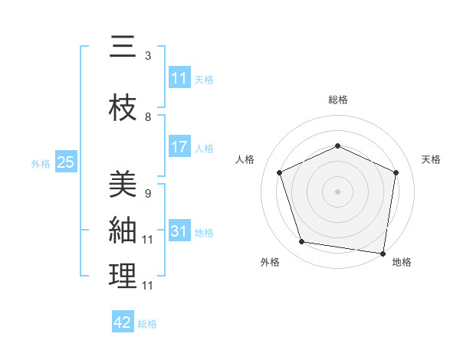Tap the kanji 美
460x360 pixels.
click(x=123, y=184)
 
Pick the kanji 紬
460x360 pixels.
click(x=123, y=229)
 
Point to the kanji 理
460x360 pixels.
click(x=123, y=276)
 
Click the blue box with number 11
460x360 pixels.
click(x=179, y=78)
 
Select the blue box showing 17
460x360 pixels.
click(x=179, y=147)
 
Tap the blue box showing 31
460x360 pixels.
click(x=179, y=231)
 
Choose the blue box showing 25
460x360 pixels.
click(x=65, y=162)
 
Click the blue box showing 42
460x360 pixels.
click(x=123, y=322)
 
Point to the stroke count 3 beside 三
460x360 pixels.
click(x=147, y=56)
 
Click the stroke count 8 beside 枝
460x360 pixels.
click(x=147, y=117)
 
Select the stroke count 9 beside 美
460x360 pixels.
click(x=147, y=193)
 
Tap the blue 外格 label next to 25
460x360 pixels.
click(x=41, y=163)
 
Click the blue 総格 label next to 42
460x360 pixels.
click(x=147, y=324)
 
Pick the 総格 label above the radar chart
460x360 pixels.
click(x=337, y=100)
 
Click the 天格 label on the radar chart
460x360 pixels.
click(x=431, y=159)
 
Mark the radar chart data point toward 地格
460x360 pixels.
click(x=383, y=253)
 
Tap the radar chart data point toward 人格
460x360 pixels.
click(x=280, y=172)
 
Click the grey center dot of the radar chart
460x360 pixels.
click(x=337, y=191)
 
